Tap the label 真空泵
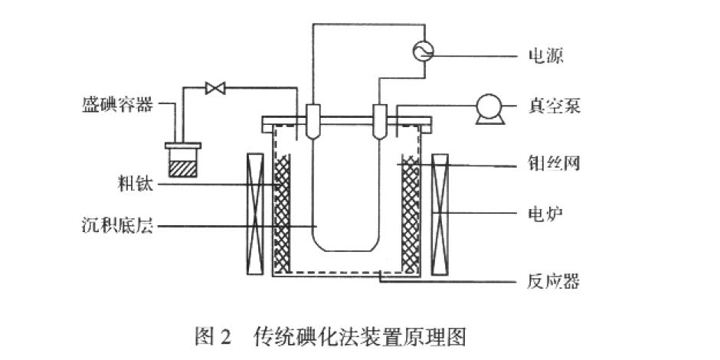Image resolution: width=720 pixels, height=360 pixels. tap(555, 105)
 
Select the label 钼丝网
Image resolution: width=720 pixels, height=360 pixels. tap(555, 165)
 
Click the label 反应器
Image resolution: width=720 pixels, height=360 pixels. tap(555, 282)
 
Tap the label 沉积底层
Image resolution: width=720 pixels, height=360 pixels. tap(116, 226)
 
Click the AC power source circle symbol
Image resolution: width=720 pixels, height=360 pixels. tap(423, 51)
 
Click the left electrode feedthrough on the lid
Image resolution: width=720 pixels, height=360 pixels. tap(313, 120)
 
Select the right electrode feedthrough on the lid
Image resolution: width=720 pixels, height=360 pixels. tap(379, 120)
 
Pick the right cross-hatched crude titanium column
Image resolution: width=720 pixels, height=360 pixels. tap(410, 214)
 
